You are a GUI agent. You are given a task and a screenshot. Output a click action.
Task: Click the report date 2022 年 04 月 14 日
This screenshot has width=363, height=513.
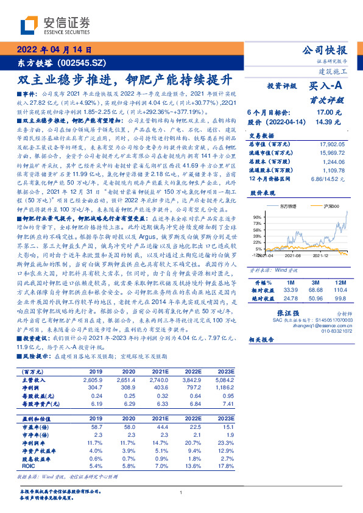tap(54, 50)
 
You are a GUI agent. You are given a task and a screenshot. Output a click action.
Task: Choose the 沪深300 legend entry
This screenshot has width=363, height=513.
tap(333, 207)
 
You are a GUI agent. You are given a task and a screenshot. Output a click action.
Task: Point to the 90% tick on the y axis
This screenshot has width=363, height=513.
tap(258, 217)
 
